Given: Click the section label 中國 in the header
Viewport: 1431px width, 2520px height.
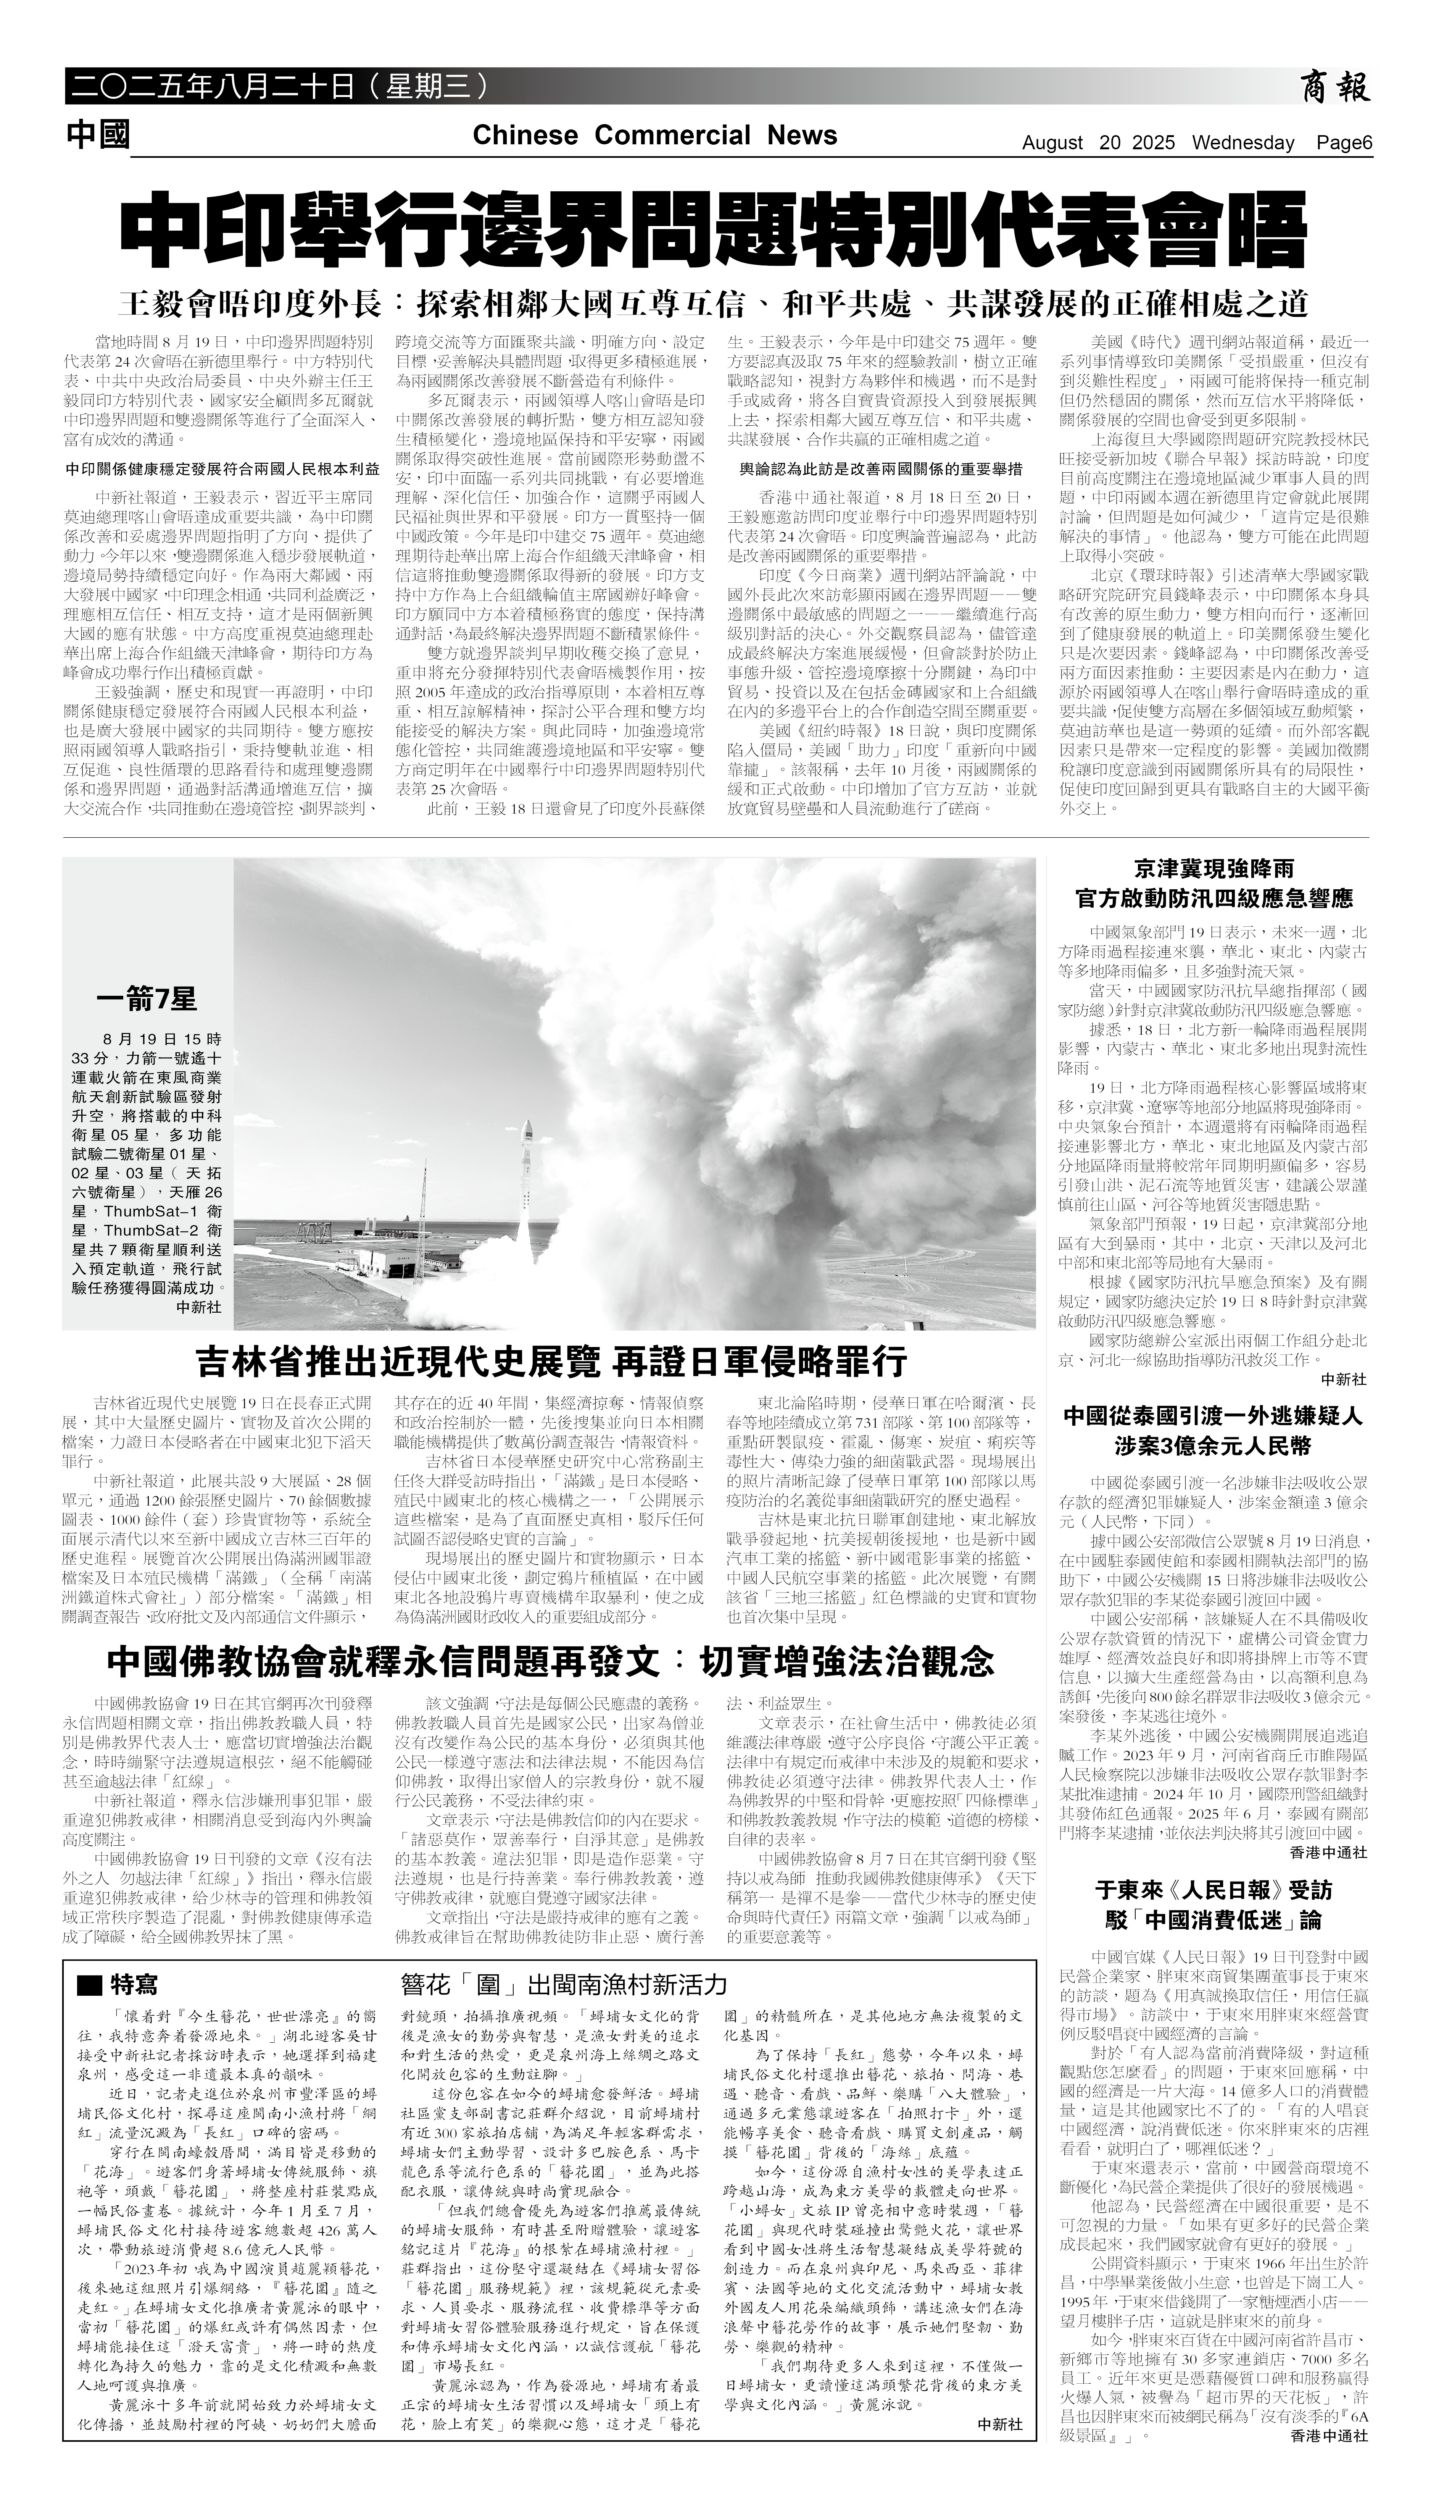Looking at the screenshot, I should click(98, 135).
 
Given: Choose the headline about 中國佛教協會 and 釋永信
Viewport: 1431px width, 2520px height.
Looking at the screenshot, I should click(550, 1662).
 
